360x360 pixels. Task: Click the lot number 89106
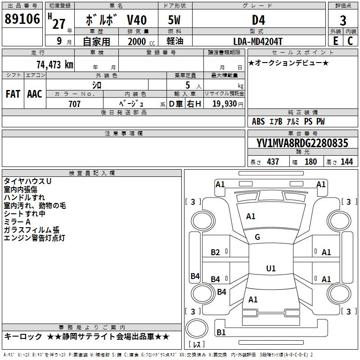pos(22,19)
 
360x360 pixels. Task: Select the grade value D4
pos(258,20)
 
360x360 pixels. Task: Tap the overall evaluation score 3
pos(343,21)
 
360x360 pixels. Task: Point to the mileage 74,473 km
pos(54,64)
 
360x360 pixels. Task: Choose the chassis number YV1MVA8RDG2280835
pos(302,143)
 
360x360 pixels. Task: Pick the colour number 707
pos(75,104)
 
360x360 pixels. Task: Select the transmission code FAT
pos(13,94)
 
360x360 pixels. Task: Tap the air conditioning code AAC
pos(35,94)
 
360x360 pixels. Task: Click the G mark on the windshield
pos(257,237)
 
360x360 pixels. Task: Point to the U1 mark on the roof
pos(270,268)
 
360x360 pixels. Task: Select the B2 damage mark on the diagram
pos(216,252)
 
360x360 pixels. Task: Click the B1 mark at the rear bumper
pos(221,333)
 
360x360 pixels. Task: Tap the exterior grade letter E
pos(335,41)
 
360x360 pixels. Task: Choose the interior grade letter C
pos(350,41)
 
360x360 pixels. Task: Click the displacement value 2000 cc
pos(141,41)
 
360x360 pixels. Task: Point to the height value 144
pos(346,162)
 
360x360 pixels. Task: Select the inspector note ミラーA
pos(17,222)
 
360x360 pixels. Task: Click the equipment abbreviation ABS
pos(258,121)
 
